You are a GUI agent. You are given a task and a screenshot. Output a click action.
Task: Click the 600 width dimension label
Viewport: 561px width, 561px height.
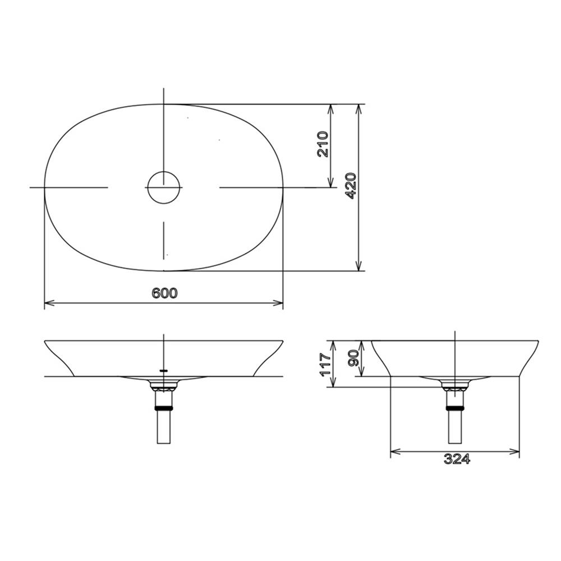(x=164, y=293)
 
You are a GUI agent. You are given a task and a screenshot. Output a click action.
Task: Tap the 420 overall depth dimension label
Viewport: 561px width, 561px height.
(x=351, y=186)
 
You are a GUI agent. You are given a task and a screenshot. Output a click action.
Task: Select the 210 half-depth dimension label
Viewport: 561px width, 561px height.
(x=323, y=144)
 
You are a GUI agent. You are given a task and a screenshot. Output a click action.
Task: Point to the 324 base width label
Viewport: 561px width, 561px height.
(x=457, y=459)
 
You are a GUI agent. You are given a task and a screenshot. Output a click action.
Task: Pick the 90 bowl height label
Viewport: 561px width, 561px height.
(x=353, y=358)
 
